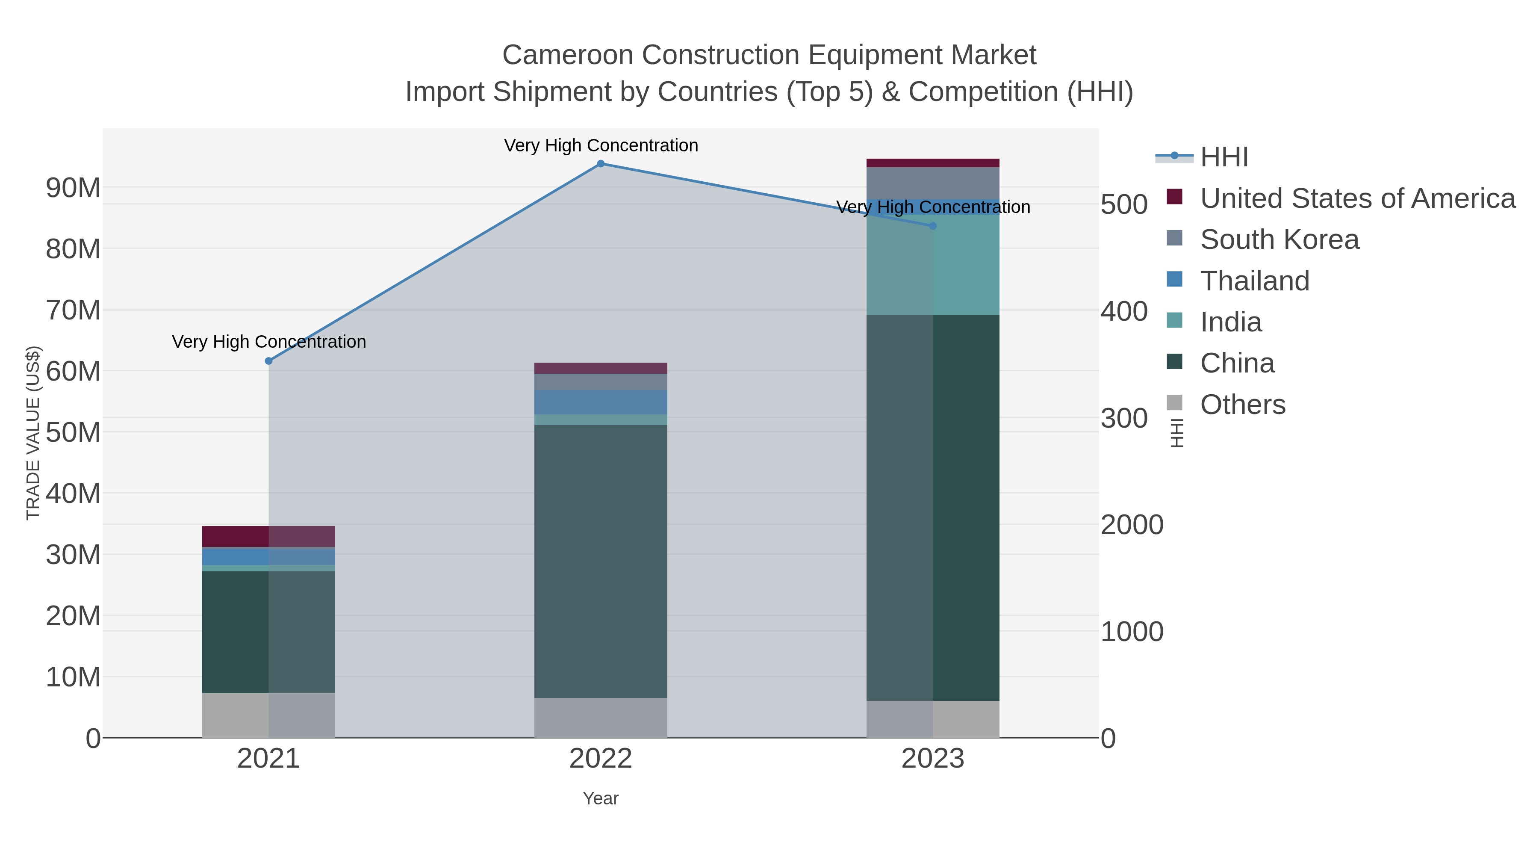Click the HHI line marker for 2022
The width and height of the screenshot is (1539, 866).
coord(601,164)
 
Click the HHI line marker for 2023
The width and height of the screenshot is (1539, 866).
coord(933,226)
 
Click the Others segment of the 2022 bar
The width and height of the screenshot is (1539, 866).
coord(601,717)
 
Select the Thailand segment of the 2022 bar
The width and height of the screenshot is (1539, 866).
coord(601,402)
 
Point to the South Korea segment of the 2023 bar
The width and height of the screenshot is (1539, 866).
coord(933,183)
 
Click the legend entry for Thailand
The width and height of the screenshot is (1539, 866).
coord(1255,281)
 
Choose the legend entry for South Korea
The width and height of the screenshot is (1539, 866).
coord(1279,239)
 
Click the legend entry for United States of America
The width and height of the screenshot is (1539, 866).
coord(1357,198)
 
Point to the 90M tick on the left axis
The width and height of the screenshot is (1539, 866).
coord(73,188)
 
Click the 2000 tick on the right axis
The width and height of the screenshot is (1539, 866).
coord(1132,525)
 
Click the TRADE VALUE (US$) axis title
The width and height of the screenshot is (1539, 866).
coord(33,433)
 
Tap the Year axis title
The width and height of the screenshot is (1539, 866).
coord(601,798)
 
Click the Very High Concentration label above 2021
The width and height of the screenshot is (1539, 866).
coord(269,342)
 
